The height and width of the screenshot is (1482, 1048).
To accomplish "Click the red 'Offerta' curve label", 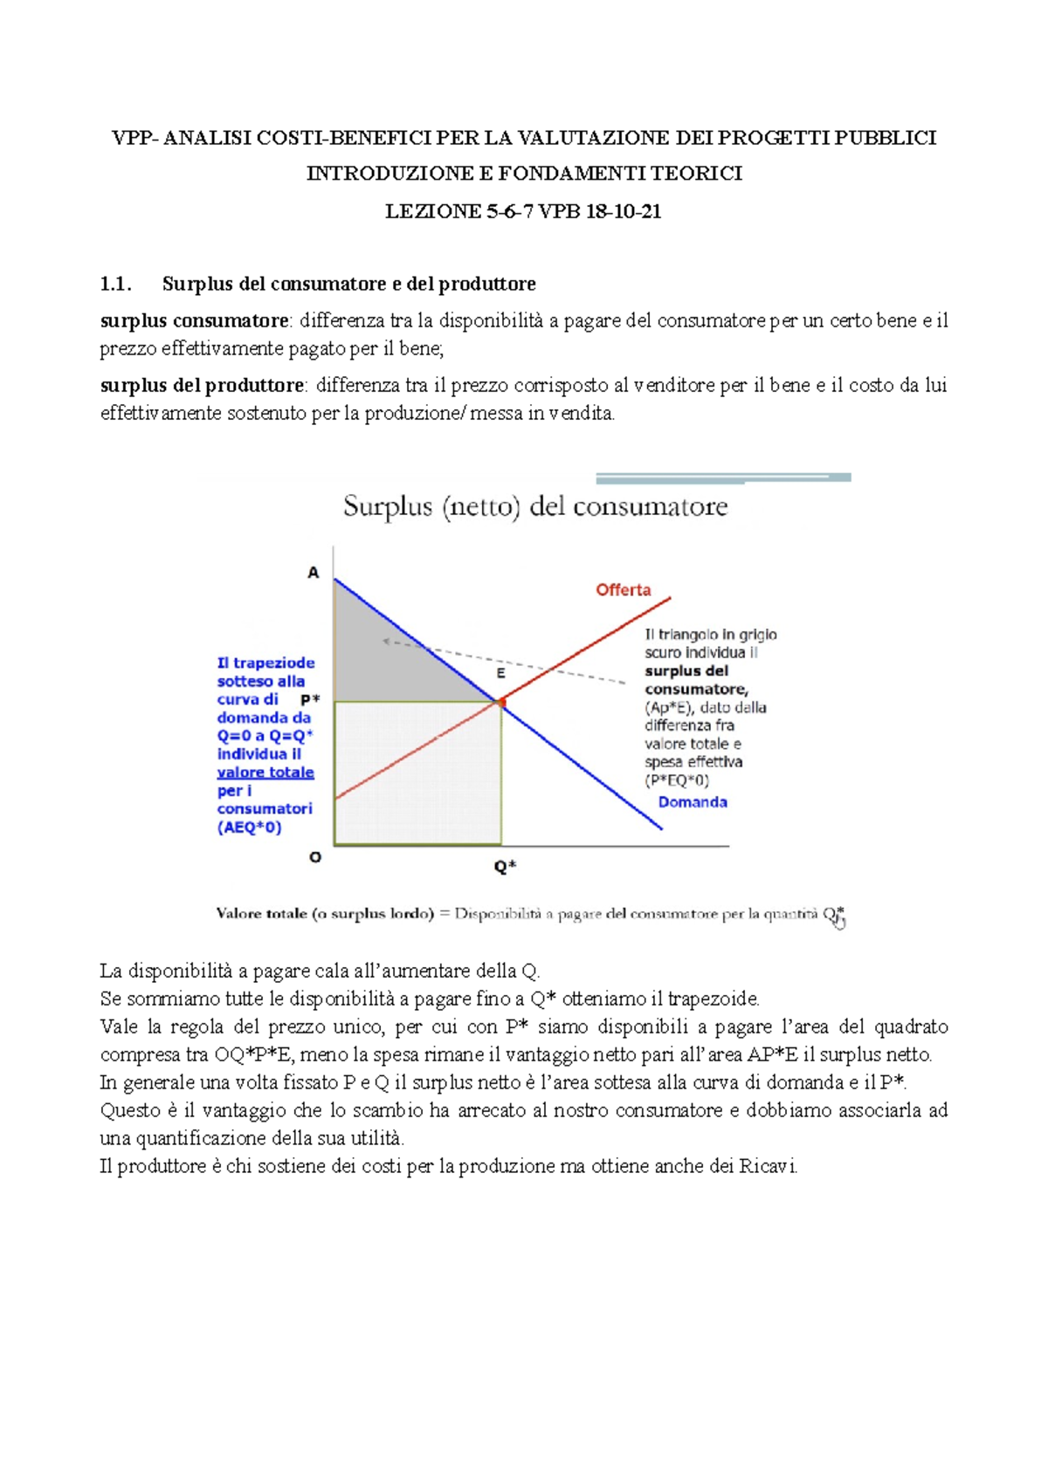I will [x=623, y=590].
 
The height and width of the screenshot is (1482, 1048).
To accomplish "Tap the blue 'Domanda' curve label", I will [x=692, y=802].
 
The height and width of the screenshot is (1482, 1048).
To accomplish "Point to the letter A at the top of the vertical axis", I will [x=314, y=573].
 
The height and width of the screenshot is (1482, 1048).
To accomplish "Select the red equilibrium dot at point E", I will [x=501, y=702].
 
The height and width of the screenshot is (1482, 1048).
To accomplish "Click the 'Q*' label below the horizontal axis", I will [x=505, y=867].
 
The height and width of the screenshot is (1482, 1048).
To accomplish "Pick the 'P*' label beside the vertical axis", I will [x=310, y=700].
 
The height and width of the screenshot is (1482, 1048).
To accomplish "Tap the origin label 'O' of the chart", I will [x=315, y=857].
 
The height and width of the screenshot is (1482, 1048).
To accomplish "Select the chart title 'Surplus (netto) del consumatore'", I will [x=534, y=506].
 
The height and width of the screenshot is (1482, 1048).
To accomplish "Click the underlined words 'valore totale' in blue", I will [x=265, y=772].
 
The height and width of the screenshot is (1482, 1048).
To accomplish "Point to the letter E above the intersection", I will [x=501, y=674].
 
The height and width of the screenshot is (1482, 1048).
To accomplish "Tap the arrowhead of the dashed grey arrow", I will [x=385, y=642].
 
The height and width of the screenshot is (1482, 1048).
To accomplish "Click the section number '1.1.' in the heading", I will [x=115, y=284].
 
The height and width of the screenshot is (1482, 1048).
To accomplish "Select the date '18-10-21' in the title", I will [x=624, y=211].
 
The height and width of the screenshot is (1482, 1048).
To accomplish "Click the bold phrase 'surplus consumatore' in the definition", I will [x=194, y=320].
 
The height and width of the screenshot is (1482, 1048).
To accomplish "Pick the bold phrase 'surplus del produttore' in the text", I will [x=202, y=385].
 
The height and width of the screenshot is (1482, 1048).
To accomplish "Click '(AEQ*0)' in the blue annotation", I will [x=249, y=827].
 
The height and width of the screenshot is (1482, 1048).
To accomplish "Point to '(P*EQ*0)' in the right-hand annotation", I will [x=677, y=780].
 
